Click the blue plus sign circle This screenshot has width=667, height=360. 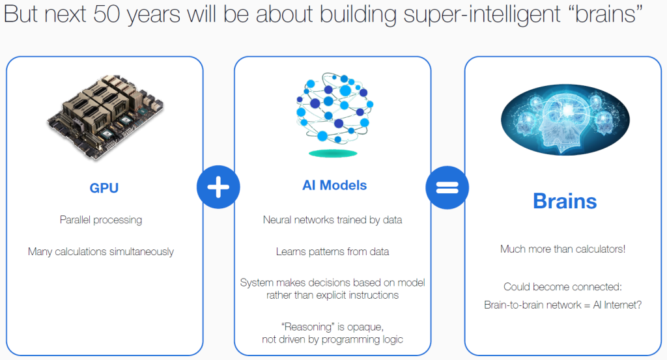tap(218, 187)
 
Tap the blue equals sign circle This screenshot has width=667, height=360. tap(447, 187)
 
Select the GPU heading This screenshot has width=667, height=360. tap(104, 188)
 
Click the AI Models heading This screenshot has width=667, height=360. tap(334, 186)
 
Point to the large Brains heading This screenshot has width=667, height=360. tap(565, 201)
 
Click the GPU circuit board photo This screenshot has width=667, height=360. tap(105, 118)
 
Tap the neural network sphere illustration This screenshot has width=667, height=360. tap(334, 108)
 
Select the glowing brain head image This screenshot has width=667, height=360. tap(565, 119)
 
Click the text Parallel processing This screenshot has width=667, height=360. tap(101, 220)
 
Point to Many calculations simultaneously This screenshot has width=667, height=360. tap(101, 252)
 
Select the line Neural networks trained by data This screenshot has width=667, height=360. tap(332, 220)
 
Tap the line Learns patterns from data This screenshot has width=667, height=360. tap(332, 252)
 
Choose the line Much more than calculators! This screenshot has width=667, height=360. tap(563, 249)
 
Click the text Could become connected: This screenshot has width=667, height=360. tap(562, 287)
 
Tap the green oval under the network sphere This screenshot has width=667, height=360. tap(333, 154)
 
